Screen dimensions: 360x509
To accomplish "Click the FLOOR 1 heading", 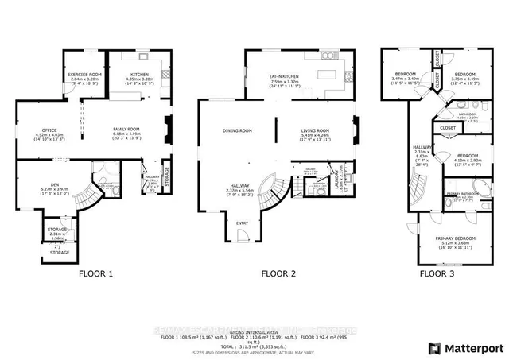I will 95,273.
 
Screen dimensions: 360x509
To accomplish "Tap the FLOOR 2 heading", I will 278,273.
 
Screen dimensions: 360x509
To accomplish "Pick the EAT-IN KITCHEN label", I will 282,74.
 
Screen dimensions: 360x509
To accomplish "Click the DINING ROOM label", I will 237,130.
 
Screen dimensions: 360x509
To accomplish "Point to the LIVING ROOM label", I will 316,130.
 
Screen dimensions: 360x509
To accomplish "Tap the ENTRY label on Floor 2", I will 242,223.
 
